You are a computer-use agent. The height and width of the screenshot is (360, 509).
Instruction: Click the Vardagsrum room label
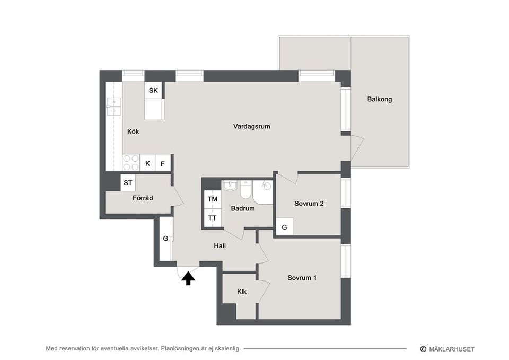click(x=252, y=126)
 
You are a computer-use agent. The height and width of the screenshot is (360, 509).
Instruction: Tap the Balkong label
click(x=380, y=99)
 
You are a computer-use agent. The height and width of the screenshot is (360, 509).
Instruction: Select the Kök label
click(x=133, y=131)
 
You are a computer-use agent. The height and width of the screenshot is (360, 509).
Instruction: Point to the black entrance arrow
click(x=187, y=278)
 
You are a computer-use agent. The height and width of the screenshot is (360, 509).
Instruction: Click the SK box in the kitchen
click(x=153, y=91)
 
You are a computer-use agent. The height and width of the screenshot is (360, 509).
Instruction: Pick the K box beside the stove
click(x=147, y=163)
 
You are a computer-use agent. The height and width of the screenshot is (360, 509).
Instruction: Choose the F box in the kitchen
click(x=163, y=163)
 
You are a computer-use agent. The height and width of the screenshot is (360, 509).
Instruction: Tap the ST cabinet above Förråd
click(x=128, y=183)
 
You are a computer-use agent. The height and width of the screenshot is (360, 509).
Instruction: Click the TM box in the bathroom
click(x=213, y=199)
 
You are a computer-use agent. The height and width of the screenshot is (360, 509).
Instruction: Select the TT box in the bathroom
click(x=213, y=218)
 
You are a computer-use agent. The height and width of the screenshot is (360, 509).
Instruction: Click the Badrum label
click(x=243, y=208)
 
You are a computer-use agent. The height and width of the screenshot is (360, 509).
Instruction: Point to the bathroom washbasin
click(x=230, y=186)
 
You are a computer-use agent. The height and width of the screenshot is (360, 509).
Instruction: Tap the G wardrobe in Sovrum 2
click(x=284, y=227)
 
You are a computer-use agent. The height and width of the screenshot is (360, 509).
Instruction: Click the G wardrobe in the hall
click(x=165, y=239)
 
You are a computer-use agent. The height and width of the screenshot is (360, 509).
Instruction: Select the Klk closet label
click(x=242, y=291)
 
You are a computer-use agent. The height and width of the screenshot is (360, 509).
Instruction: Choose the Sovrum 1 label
click(x=302, y=278)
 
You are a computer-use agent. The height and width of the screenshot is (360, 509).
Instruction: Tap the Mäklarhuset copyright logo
click(x=447, y=349)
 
